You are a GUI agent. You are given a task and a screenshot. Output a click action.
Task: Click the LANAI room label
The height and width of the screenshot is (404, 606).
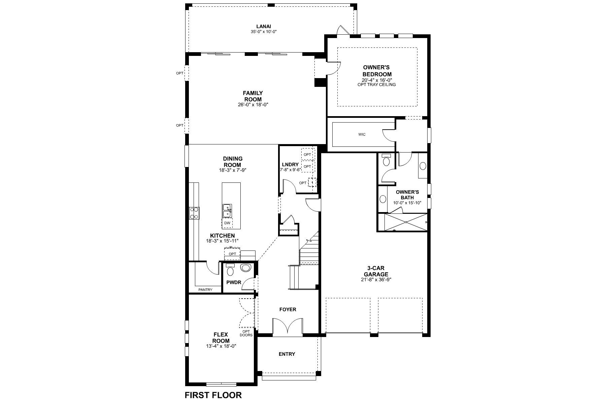[264, 26]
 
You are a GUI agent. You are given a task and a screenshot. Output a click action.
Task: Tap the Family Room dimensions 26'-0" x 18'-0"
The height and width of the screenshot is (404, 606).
[253, 105]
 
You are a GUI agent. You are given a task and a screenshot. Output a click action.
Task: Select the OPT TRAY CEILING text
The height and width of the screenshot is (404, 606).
[376, 85]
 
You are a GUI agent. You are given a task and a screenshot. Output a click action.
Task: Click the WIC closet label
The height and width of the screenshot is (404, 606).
[362, 135]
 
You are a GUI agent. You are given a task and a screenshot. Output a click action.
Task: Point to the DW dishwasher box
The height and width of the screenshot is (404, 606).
[227, 223]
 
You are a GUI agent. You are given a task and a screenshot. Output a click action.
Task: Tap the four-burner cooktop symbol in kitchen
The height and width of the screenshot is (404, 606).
[194, 213]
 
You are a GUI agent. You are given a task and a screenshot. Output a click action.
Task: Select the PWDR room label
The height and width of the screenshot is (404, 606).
[234, 282]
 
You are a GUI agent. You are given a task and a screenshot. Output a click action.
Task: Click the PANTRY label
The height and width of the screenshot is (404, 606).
[205, 290]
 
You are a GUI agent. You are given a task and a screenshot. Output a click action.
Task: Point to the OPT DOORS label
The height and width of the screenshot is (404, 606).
[246, 333]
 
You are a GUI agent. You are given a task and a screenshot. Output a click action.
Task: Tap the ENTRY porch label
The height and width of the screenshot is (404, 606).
[287, 354]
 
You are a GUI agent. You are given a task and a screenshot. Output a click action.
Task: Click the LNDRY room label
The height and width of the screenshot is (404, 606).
[290, 165]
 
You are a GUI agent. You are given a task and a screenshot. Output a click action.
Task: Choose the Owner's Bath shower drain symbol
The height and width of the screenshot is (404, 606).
[406, 222]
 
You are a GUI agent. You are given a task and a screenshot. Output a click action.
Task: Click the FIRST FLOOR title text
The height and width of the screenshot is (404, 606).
[213, 395]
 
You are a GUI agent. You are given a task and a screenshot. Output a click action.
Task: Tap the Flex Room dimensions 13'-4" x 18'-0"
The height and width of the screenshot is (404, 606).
[221, 346]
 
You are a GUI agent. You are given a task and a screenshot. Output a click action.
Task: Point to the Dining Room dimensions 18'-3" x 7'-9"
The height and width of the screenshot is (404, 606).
[232, 170]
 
